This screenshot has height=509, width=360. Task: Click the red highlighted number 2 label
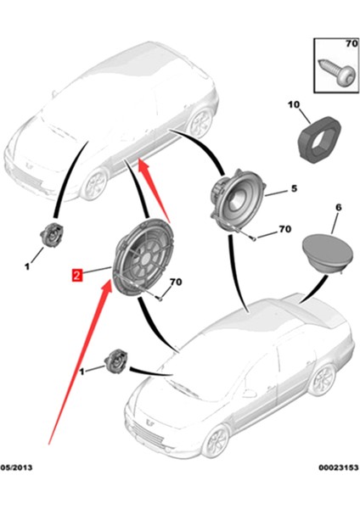(x=76, y=275)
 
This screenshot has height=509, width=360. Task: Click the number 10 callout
(x=294, y=106)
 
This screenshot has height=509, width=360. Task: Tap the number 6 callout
(x=338, y=208)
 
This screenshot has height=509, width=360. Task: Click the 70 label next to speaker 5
(x=284, y=230)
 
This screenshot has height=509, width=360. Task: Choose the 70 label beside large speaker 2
(x=176, y=282)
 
